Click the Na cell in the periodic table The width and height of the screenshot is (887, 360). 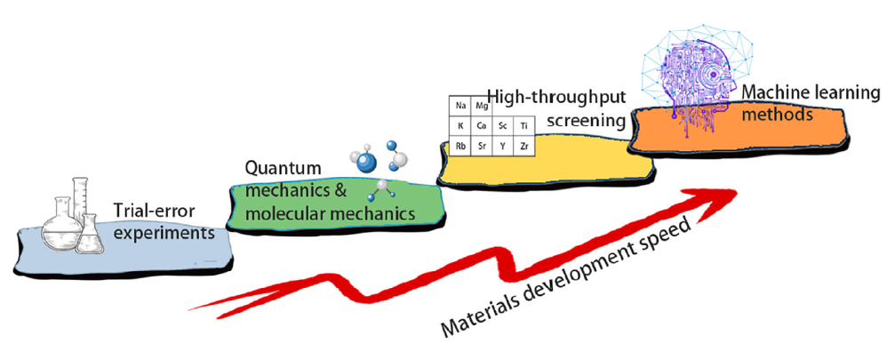[x=460, y=106]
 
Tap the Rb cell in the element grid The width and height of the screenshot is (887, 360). [x=460, y=145]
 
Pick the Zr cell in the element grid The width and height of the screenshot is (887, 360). [x=524, y=145]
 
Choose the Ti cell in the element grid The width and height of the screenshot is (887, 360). [x=524, y=125]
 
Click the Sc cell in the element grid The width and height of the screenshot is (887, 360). [x=504, y=125]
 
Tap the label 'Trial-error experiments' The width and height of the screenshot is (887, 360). [x=164, y=223]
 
